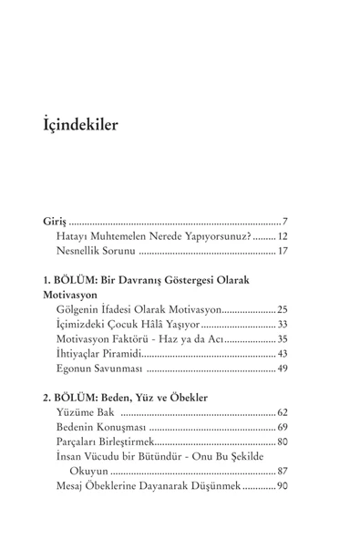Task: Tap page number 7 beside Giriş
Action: click(x=285, y=222)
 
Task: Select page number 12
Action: click(x=283, y=236)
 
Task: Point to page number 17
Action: click(x=283, y=251)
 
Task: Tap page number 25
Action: click(x=283, y=309)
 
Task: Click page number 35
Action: click(x=283, y=338)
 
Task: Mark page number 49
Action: click(x=283, y=368)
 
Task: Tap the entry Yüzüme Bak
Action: click(x=83, y=412)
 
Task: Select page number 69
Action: click(x=283, y=427)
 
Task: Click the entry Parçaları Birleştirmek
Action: click(x=114, y=441)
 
